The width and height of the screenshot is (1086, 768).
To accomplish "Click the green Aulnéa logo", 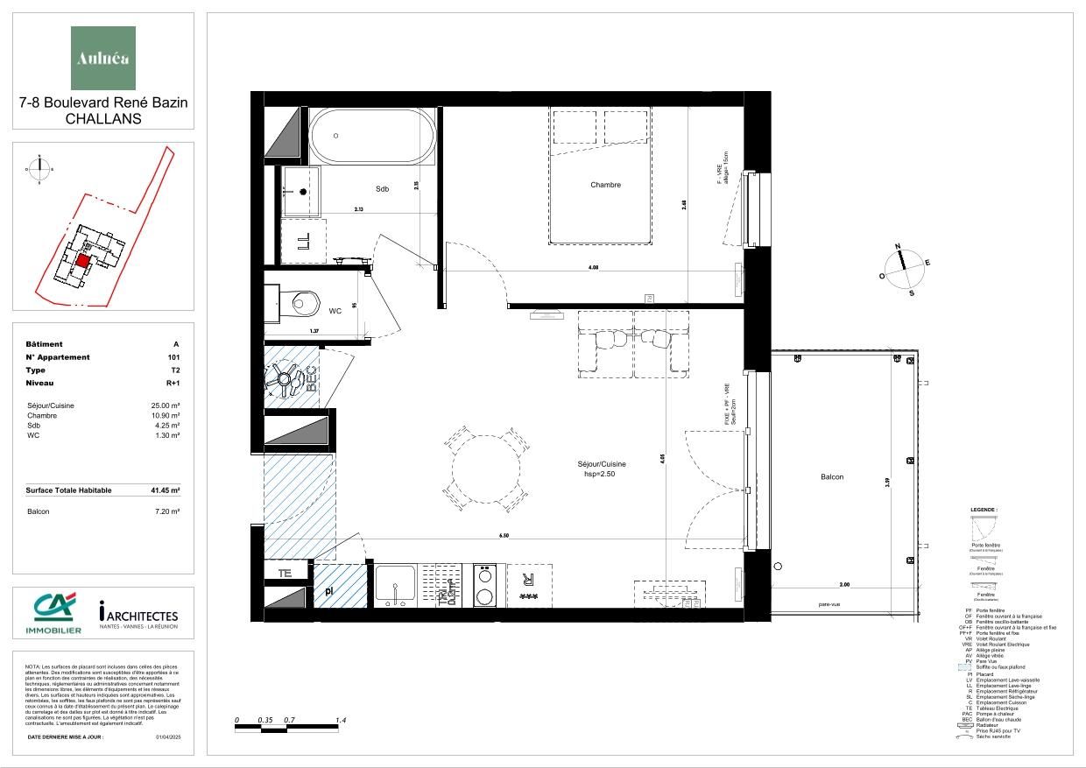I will [x=103, y=58].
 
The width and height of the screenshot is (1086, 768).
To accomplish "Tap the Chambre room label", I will [x=605, y=185].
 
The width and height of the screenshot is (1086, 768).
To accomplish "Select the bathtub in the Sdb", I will [x=372, y=137].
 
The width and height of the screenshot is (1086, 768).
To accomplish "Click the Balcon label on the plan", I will [x=832, y=477].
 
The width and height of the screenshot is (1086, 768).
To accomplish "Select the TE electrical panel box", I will [x=285, y=574].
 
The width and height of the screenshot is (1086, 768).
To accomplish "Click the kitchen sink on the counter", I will [x=396, y=585].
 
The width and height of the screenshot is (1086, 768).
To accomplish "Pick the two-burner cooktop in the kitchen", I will [x=484, y=585].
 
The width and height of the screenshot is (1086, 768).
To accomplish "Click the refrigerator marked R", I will [x=528, y=584].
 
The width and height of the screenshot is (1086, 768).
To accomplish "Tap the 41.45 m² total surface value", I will [x=165, y=490].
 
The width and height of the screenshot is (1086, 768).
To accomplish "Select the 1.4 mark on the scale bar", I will [x=342, y=721].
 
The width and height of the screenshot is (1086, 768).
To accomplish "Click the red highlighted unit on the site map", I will [x=82, y=260].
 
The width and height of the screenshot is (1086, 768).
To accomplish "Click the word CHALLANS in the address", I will [x=103, y=119].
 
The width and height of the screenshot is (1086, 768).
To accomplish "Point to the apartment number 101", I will [x=173, y=357].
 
